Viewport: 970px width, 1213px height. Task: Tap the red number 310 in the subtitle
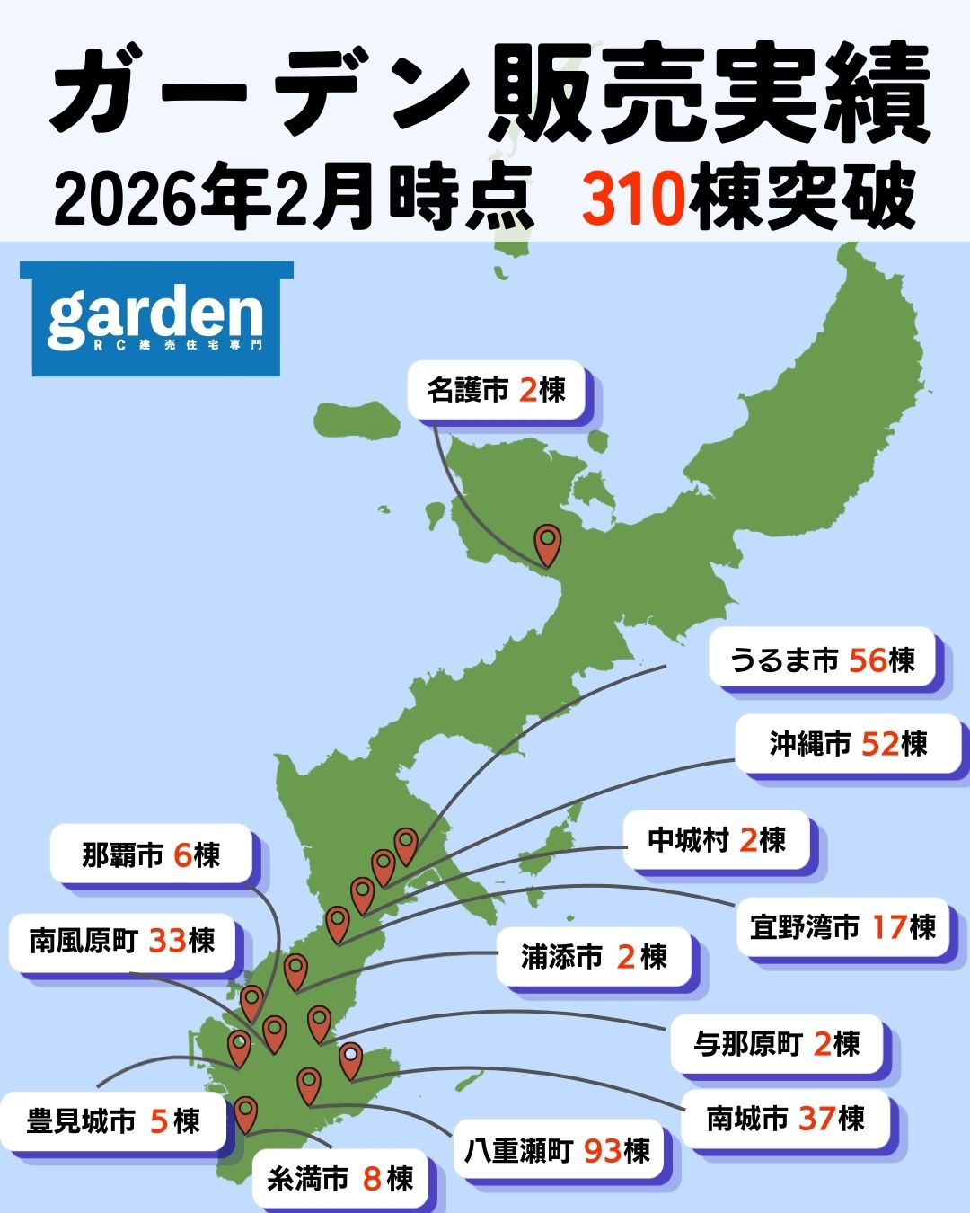(x=633, y=199)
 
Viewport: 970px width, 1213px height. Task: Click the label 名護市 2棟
(x=497, y=391)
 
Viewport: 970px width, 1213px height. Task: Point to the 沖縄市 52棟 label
(x=848, y=744)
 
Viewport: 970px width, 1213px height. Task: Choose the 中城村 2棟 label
(x=717, y=840)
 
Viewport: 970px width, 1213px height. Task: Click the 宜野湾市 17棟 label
(x=842, y=926)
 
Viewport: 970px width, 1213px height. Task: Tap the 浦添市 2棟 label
(x=594, y=957)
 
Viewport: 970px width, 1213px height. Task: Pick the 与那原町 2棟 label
(x=777, y=1044)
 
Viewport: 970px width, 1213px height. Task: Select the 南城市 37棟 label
(x=785, y=1119)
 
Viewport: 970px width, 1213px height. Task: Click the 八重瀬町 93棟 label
(x=557, y=1150)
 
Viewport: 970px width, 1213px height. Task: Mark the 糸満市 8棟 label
(x=339, y=1178)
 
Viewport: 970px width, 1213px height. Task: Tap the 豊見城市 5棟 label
(x=113, y=1121)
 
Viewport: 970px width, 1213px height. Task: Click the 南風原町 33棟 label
(x=122, y=941)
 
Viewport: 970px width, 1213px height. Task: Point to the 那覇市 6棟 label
(x=151, y=854)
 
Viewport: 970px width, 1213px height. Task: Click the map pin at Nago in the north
(x=547, y=545)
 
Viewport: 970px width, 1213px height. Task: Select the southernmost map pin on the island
(x=245, y=1113)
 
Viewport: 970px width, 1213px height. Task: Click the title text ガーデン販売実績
(x=489, y=94)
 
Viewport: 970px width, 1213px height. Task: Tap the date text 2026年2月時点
(x=292, y=199)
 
